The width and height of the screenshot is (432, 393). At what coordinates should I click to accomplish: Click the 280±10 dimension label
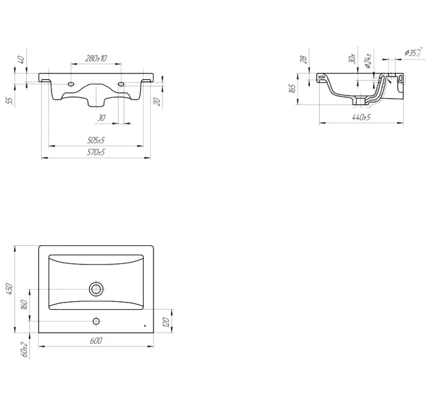(x=96, y=58)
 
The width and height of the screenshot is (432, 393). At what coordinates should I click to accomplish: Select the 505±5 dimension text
(x=96, y=140)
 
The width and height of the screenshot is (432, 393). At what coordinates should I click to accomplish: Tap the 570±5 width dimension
(x=96, y=152)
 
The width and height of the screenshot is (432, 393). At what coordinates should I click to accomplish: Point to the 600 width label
(x=96, y=341)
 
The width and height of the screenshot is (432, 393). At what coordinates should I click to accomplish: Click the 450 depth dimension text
(x=9, y=289)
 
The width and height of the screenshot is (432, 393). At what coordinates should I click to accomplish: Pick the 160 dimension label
(x=24, y=305)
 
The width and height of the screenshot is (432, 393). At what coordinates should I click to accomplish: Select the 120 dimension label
(x=166, y=322)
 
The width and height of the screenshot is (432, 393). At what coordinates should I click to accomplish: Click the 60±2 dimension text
(x=24, y=350)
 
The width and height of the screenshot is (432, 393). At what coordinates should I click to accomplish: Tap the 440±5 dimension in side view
(x=361, y=117)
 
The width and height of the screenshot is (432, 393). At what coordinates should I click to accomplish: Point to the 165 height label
(x=293, y=88)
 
